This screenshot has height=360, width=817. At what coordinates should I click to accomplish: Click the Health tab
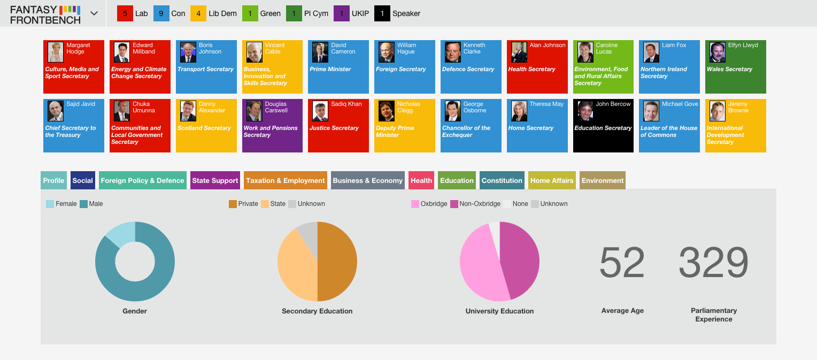coord(421,180)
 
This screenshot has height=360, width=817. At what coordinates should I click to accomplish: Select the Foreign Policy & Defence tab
coord(142,180)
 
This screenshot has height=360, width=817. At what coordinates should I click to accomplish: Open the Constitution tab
coord(502,180)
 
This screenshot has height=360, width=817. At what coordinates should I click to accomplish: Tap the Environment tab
coord(603,180)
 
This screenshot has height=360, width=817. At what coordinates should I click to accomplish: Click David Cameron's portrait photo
coord(320,52)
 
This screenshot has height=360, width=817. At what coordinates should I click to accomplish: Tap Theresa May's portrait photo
coord(519,111)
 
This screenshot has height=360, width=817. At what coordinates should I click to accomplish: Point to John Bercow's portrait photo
coord(585,111)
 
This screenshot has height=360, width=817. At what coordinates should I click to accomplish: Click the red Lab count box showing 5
coord(125,13)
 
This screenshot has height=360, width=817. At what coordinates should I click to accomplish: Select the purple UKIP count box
coord(341,13)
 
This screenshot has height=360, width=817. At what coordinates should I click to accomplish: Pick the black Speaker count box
coord(382,13)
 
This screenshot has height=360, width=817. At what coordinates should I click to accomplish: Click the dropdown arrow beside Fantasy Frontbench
coord(94,13)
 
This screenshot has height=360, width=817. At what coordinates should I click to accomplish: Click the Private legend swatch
coord(233,204)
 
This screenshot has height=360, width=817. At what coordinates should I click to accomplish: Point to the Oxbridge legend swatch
coord(415,204)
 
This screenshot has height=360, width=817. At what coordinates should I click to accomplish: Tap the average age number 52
coord(622,262)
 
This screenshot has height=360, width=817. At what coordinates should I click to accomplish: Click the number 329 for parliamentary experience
coord(713,262)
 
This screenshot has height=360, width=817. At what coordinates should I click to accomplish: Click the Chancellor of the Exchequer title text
coord(466,131)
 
